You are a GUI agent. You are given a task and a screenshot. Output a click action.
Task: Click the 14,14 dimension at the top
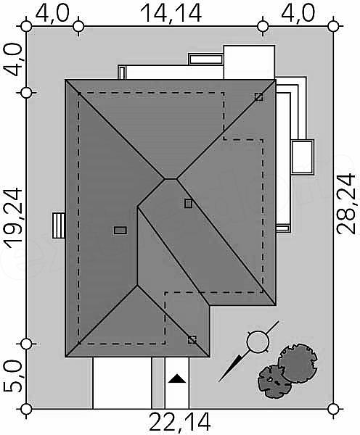click(171, 13)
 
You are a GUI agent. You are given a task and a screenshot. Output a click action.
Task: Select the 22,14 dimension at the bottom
click(180, 423)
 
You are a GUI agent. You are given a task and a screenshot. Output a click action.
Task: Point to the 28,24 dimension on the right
click(345, 204)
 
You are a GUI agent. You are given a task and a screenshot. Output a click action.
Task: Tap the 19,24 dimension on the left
click(12, 217)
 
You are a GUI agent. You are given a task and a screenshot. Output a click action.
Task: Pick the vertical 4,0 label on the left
click(12, 60)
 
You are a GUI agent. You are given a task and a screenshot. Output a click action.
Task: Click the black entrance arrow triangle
click(177, 378)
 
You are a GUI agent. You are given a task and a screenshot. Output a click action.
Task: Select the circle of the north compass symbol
click(258, 341)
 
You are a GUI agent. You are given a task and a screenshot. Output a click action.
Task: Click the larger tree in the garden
click(298, 363)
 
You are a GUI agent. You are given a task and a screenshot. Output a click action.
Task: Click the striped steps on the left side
click(59, 225)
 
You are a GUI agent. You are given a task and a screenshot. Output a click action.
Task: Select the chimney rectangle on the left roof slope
click(120, 231)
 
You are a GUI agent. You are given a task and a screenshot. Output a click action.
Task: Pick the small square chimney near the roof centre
click(189, 203)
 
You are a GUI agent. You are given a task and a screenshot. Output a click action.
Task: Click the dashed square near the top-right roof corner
click(259, 97)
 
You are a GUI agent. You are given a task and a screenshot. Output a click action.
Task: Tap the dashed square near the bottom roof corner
click(192, 340)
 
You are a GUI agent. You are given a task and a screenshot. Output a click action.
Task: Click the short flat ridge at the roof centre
click(171, 179)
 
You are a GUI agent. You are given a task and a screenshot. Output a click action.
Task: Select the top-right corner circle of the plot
click(333, 27)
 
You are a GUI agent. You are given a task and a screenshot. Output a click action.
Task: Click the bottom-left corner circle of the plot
click(26, 409)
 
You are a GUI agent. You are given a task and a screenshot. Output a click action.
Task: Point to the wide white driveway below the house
click(122, 383)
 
